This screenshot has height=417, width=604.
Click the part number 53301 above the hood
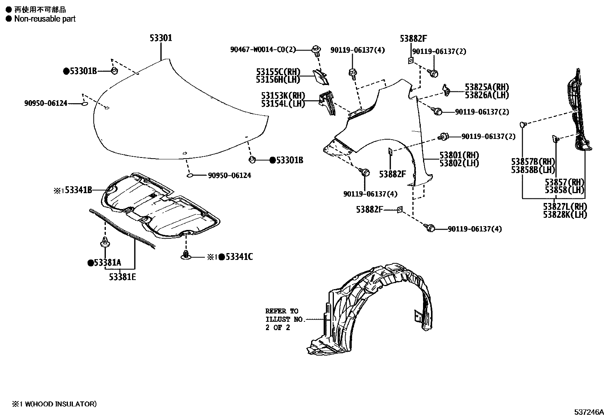point(160,38)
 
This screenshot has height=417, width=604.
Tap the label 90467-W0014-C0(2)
point(263,50)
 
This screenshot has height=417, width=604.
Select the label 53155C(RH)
point(278,72)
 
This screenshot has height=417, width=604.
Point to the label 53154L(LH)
point(283,104)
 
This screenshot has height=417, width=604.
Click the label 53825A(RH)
point(487,87)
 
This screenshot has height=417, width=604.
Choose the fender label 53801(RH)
point(459,155)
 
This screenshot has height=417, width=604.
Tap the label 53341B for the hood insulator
point(78,190)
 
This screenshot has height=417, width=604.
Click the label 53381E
point(122,277)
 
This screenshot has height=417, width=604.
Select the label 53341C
point(239,257)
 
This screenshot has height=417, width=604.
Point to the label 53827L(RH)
point(565,207)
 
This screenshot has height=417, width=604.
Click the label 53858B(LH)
point(533,170)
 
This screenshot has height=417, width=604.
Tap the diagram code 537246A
point(588,412)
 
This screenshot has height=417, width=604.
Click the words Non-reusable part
point(45,19)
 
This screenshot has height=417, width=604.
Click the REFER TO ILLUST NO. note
point(284,319)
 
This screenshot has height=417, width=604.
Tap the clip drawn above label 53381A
point(105,241)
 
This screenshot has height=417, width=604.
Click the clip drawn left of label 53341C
point(186,255)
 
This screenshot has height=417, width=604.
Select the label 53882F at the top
point(413,38)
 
